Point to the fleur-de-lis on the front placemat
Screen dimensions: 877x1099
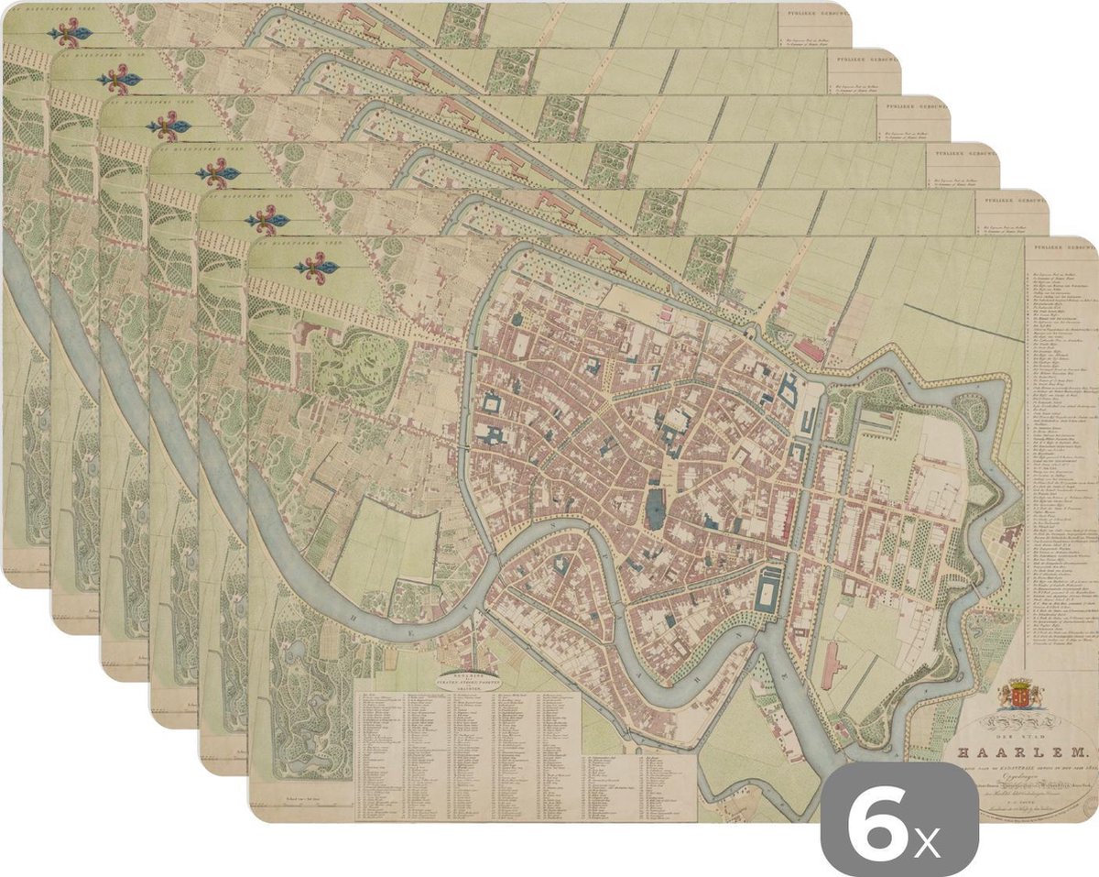coord(316,268)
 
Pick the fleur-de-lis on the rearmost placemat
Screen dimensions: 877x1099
coord(71,35)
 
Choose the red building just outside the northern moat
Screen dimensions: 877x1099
coord(808,349)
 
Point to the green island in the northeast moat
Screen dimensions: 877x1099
coord(971,410)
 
